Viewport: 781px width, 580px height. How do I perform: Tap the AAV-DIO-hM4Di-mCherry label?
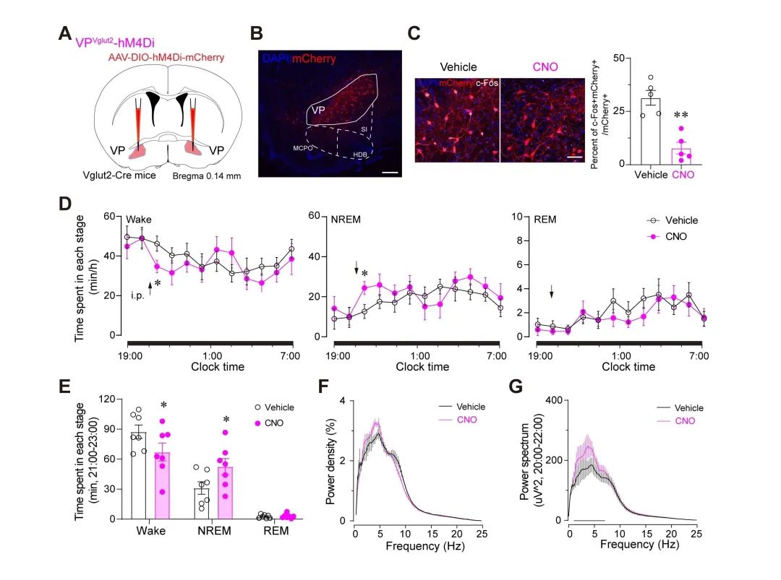[166, 57]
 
